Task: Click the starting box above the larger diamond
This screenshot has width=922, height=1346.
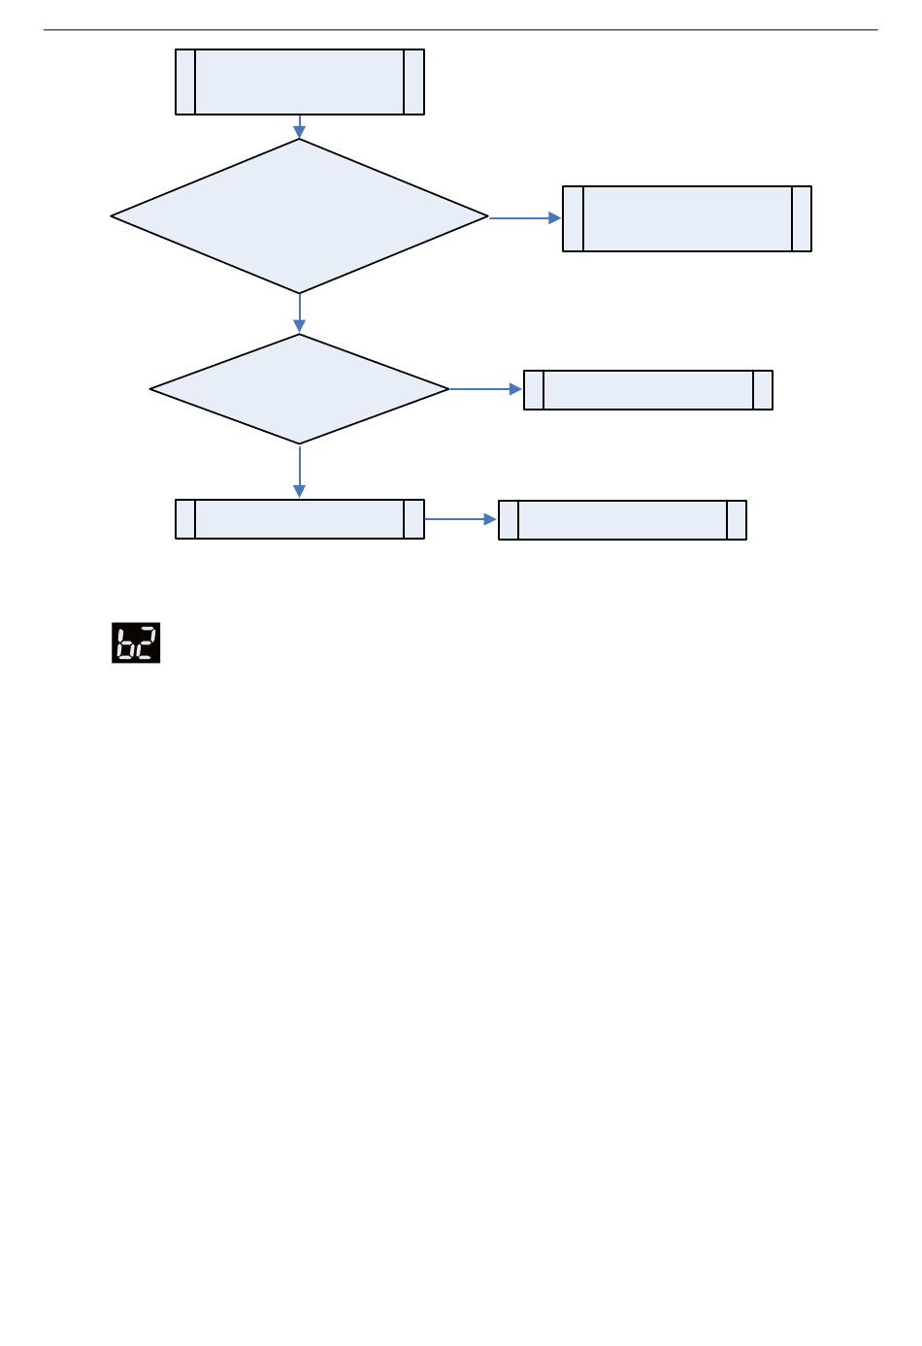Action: (x=300, y=82)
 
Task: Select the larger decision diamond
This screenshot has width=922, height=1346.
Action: (x=300, y=216)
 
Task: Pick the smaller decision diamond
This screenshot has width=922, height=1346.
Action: (x=300, y=389)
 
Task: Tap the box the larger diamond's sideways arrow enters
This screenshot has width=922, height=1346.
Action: (x=687, y=219)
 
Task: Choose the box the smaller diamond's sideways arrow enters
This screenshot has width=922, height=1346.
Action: (x=648, y=390)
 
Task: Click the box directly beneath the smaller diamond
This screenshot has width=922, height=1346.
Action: (x=300, y=519)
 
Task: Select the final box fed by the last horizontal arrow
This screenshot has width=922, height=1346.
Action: (x=622, y=520)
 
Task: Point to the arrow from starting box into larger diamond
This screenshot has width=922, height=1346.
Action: (x=300, y=127)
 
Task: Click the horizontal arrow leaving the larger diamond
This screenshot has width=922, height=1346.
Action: (x=525, y=218)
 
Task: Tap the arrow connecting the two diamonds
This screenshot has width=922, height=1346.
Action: (x=300, y=313)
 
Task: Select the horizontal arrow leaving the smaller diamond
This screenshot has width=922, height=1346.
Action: (x=485, y=389)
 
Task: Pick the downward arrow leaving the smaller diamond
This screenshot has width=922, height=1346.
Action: (x=300, y=472)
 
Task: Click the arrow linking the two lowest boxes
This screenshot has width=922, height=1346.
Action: (x=461, y=519)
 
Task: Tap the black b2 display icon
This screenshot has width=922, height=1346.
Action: (x=136, y=642)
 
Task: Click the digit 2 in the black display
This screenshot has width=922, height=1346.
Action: (x=147, y=643)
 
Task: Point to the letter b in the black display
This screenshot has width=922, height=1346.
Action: (x=125, y=643)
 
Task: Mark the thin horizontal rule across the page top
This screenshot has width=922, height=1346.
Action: (x=461, y=30)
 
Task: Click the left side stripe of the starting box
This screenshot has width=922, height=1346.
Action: (x=185, y=82)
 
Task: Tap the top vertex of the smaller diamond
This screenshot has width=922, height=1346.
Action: (x=300, y=336)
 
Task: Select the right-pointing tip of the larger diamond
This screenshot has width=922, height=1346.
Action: (x=485, y=216)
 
